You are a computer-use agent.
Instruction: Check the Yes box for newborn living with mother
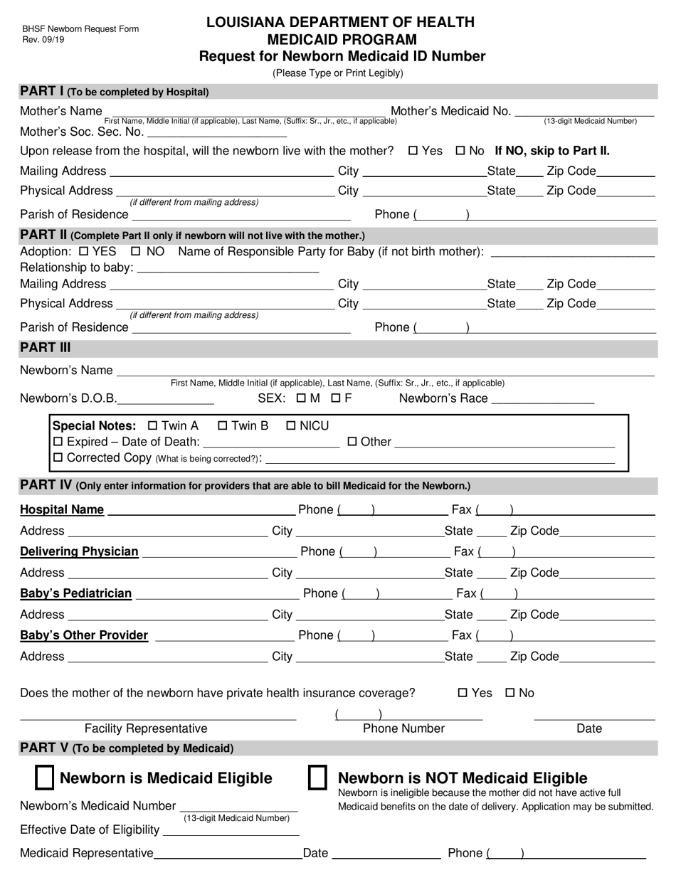coord(413,151)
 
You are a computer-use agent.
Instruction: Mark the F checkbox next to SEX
coord(336,398)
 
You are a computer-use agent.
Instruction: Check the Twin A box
coord(152,426)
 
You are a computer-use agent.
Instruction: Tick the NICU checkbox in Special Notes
coord(290,426)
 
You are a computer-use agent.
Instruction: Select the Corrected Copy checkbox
coord(58,457)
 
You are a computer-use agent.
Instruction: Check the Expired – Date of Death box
coord(58,442)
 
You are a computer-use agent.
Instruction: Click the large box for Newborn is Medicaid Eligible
coord(45,778)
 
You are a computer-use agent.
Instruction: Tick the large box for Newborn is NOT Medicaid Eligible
coord(317,778)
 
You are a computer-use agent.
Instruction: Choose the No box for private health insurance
coord(510,693)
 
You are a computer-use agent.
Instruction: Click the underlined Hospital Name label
coord(62,510)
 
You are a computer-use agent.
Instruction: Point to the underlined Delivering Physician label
coord(79,551)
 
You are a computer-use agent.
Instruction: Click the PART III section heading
coord(46,348)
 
